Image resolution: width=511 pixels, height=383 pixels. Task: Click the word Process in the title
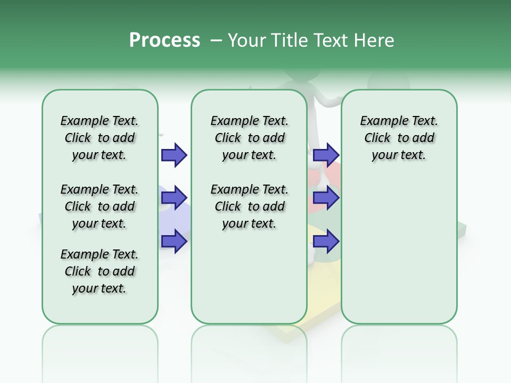(164, 40)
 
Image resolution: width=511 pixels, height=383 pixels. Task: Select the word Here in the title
(375, 40)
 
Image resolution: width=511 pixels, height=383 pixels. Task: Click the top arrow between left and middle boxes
(174, 155)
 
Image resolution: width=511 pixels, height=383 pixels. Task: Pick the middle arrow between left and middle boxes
(174, 198)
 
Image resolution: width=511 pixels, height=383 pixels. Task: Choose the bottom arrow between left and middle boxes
(174, 242)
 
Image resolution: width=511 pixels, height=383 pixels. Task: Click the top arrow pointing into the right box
(326, 155)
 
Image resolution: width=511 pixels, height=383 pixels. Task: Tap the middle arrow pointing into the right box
(326, 198)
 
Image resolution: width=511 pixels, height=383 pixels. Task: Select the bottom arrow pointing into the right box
(326, 242)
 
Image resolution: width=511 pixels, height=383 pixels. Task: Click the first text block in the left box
(100, 138)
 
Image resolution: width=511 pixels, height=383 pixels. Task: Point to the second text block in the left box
(100, 206)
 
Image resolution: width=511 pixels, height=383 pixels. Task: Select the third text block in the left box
(100, 271)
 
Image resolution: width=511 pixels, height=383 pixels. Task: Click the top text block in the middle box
(249, 138)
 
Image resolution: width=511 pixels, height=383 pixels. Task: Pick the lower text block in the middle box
(249, 206)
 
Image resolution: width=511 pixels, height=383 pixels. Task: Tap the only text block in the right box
(399, 138)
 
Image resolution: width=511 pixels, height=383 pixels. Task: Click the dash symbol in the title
(216, 40)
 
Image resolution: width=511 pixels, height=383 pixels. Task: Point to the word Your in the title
(246, 40)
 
